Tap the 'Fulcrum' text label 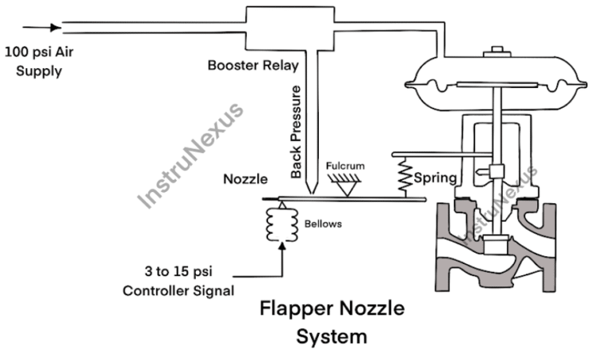click(346, 166)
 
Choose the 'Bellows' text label click(323, 224)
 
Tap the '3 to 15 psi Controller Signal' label click(178, 282)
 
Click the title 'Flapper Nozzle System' click(331, 322)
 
